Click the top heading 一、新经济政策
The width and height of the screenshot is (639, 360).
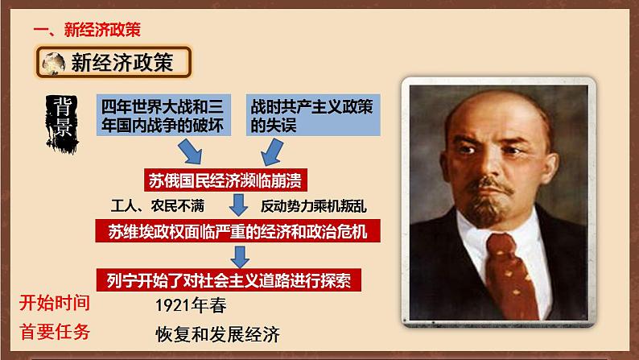[87, 30]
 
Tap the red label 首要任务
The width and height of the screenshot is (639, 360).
[54, 332]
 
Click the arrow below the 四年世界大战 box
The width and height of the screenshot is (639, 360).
[192, 151]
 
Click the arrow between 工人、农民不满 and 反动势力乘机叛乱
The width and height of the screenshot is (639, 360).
[237, 205]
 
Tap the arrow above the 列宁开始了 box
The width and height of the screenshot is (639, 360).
[239, 256]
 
